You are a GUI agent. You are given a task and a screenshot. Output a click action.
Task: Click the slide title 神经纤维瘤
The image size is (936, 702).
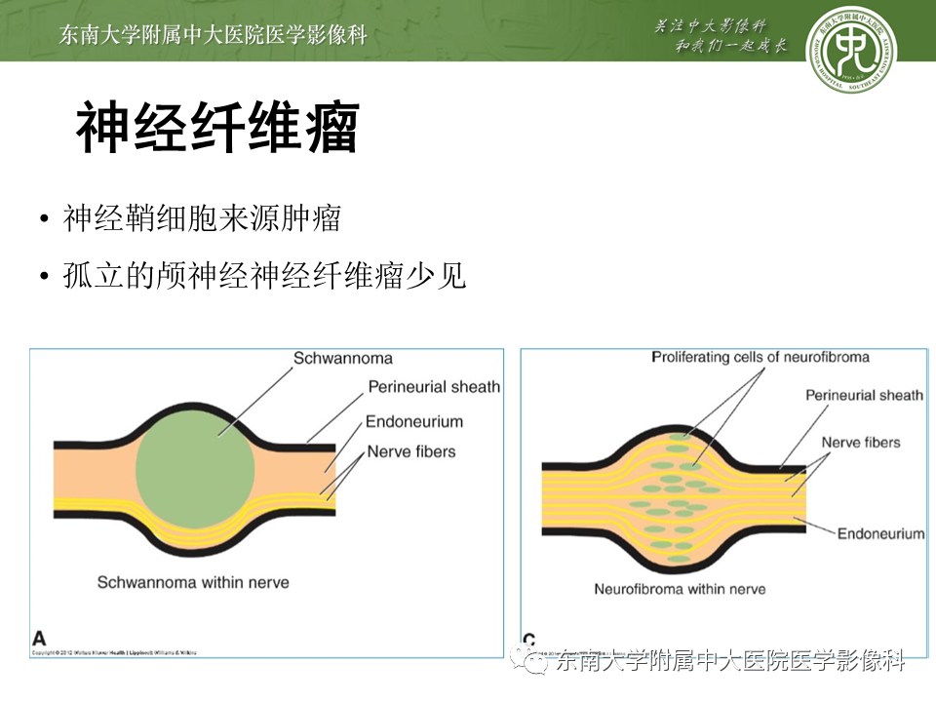tap(216, 127)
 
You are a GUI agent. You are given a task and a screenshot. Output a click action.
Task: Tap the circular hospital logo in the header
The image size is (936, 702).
tap(851, 50)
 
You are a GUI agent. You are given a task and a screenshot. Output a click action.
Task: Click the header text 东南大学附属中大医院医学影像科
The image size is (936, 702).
tap(213, 35)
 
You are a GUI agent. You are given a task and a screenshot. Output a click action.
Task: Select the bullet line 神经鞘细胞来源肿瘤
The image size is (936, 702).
tap(202, 218)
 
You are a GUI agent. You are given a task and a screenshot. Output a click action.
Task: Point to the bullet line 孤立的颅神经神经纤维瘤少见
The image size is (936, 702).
tap(264, 277)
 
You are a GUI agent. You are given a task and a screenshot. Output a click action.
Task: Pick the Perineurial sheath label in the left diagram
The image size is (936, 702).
tap(434, 387)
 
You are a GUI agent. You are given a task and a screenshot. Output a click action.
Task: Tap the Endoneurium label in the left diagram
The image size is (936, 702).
tap(413, 422)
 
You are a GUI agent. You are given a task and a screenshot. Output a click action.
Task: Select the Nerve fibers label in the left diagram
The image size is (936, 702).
tap(411, 451)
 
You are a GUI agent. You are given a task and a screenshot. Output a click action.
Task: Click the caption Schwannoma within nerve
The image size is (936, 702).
tap(193, 582)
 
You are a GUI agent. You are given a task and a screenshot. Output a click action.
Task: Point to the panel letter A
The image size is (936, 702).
tap(39, 638)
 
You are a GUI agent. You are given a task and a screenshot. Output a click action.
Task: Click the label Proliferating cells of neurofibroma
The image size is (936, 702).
tap(760, 358)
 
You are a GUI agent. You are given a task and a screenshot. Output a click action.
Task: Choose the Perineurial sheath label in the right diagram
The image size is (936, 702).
tap(864, 395)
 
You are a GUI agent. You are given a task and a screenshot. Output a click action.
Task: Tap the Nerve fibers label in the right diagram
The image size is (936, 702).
tap(861, 442)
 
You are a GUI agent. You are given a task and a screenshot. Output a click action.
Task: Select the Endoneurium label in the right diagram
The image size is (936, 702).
tap(880, 534)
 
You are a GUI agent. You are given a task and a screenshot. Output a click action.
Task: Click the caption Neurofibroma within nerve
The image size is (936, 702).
tap(680, 589)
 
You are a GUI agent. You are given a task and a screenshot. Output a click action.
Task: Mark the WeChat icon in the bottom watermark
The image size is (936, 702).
tap(536, 663)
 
